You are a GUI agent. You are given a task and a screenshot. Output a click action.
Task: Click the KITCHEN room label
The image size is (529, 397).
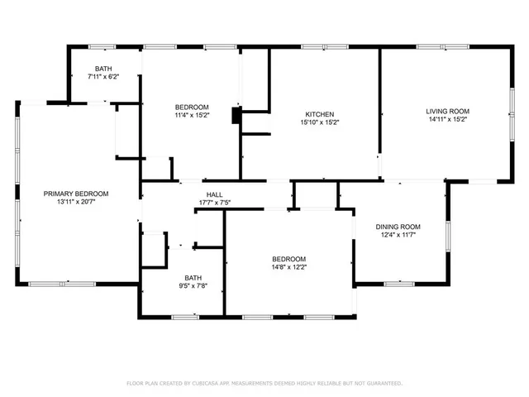pyautogui.click(x=319, y=114)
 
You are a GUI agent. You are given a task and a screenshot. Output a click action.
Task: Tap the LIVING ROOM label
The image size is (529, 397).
pyautogui.click(x=447, y=111)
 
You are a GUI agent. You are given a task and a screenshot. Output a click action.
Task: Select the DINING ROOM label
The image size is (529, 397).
pyautogui.click(x=398, y=227)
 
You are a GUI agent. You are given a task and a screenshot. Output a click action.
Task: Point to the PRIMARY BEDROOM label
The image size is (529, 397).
pyautogui.click(x=76, y=194)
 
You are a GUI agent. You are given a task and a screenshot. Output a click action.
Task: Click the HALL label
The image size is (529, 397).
pyautogui.click(x=214, y=195)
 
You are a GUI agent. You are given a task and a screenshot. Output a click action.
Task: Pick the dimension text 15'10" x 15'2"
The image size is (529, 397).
pyautogui.click(x=319, y=122)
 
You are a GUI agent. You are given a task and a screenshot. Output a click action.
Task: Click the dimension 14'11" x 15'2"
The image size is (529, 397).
pyautogui.click(x=447, y=119)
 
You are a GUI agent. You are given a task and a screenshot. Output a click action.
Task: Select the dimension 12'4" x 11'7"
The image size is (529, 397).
pyautogui.click(x=398, y=235)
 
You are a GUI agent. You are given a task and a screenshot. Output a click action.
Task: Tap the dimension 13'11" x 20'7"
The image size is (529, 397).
pyautogui.click(x=76, y=202)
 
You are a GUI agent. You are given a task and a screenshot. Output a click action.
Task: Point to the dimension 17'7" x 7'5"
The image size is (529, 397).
pyautogui.click(x=214, y=203)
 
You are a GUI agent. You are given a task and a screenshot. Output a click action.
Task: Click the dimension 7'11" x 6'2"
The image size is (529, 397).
pyautogui.click(x=103, y=76)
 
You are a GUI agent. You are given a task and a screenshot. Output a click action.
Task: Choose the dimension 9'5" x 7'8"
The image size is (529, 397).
pyautogui.click(x=193, y=286)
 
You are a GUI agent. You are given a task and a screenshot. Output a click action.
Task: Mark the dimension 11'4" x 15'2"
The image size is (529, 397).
pyautogui.click(x=191, y=116)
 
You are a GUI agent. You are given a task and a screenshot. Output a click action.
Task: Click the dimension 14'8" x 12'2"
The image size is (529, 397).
pyautogui.click(x=289, y=267)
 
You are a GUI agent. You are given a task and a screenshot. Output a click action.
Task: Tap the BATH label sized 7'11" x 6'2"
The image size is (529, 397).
pyautogui.click(x=103, y=68)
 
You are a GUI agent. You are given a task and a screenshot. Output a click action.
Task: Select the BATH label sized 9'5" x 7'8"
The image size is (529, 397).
pyautogui.click(x=193, y=278)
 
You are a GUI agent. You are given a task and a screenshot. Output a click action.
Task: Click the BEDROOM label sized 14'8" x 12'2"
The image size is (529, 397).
pyautogui.click(x=289, y=259)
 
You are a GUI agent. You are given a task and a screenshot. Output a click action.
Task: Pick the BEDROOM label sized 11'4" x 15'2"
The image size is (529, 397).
pyautogui.click(x=191, y=108)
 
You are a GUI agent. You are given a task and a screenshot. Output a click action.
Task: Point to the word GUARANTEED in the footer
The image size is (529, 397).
pyautogui.click(x=384, y=384)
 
